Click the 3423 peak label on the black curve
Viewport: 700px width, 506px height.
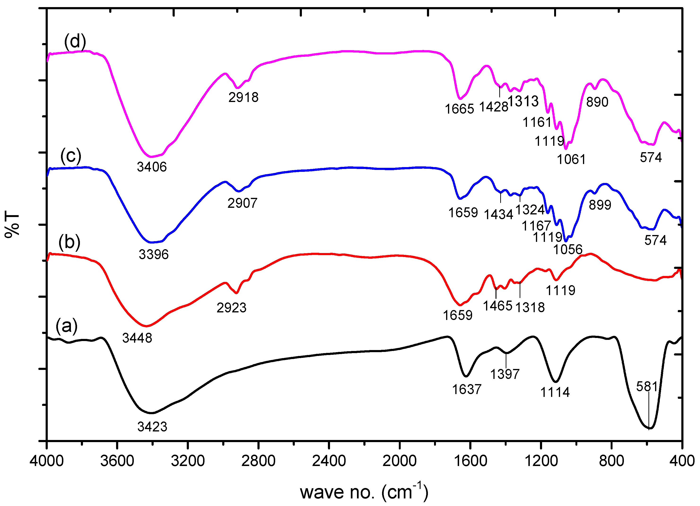(x=152, y=427)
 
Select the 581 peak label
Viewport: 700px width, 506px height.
(x=647, y=386)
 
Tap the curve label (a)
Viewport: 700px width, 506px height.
(x=67, y=326)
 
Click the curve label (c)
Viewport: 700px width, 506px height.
(x=71, y=156)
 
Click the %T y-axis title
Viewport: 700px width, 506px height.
(x=12, y=225)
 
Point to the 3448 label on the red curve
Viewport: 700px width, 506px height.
(x=137, y=338)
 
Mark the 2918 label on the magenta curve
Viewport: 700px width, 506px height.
(x=243, y=97)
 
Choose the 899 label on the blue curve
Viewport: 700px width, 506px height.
(x=600, y=205)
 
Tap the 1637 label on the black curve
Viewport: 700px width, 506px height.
(x=467, y=389)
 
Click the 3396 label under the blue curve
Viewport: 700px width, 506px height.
(x=153, y=255)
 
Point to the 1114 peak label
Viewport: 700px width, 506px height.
(x=555, y=392)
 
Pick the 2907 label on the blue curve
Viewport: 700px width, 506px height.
(x=242, y=203)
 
